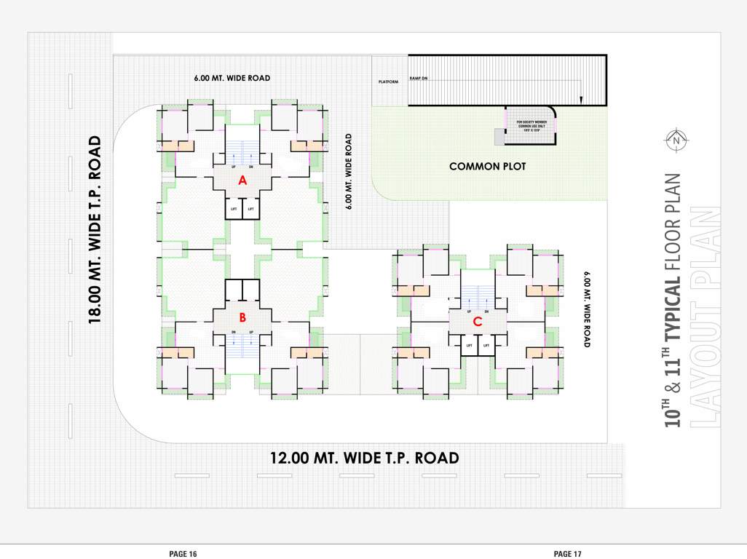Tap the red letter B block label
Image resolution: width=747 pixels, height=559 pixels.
click(243, 317)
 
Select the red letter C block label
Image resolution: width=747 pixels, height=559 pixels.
click(478, 321)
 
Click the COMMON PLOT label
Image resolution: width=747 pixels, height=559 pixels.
click(487, 167)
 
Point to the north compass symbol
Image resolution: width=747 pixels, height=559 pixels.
click(676, 140)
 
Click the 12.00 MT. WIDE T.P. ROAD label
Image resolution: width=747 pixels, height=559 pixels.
click(364, 458)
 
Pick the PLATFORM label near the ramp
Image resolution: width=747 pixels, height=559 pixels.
click(388, 82)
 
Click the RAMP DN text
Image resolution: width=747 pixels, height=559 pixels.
click(419, 78)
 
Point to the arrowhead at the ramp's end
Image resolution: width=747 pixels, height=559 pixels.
click(581, 100)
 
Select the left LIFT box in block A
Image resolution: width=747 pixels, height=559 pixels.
click(234, 209)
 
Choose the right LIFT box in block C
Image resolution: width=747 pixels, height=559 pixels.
click(486, 345)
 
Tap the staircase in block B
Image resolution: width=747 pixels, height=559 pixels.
click(242, 346)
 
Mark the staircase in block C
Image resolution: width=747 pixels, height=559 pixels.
click(478, 296)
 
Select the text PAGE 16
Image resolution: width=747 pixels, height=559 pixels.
click(183, 554)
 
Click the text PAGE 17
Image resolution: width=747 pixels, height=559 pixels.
click(567, 554)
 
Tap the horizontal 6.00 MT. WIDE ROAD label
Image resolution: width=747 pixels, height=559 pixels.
click(232, 78)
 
